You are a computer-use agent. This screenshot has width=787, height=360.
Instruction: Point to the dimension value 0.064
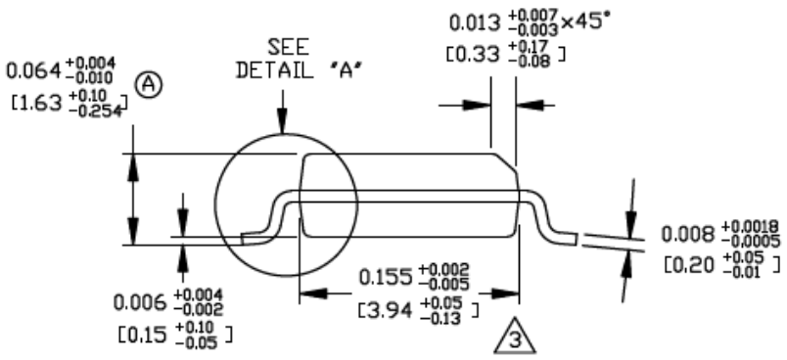(x=33, y=71)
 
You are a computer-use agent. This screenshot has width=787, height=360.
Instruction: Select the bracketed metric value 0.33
(x=484, y=56)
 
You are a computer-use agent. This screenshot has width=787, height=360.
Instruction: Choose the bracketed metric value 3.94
(x=395, y=310)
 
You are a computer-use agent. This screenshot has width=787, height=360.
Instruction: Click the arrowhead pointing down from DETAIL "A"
(x=282, y=123)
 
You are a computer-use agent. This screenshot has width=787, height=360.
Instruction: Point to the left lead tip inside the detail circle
(x=246, y=237)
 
